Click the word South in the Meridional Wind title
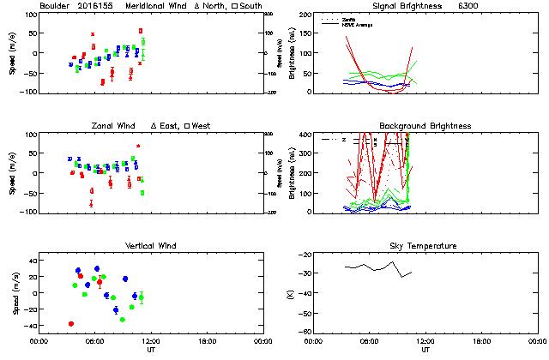pos(250,6)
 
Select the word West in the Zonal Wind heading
pos(202,126)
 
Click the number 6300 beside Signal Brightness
pos(472,6)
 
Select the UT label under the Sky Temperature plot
pos(425,350)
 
